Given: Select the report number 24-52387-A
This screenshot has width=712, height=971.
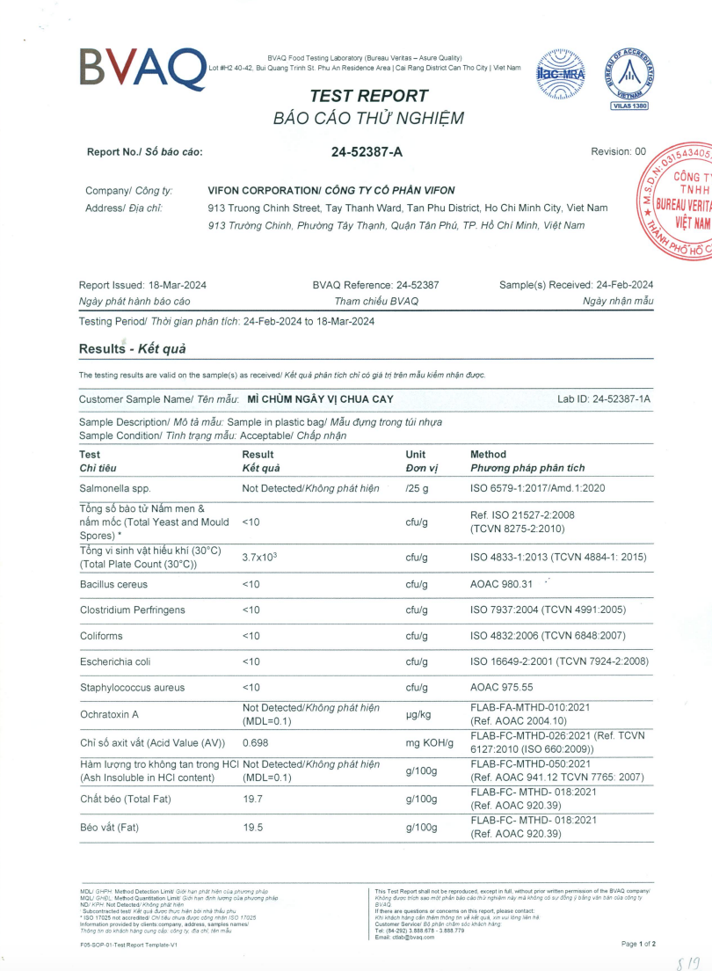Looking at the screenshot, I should click(367, 151).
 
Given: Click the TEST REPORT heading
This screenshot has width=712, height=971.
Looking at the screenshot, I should click(356, 96).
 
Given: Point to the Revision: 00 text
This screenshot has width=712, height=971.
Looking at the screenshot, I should click(618, 151).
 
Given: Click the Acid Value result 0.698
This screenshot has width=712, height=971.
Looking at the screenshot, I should click(255, 743).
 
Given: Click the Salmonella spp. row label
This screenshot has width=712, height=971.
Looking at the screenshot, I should click(115, 487).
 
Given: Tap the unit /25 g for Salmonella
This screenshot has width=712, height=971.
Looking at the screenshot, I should click(417, 487).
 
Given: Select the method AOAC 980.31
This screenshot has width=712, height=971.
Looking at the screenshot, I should click(502, 584).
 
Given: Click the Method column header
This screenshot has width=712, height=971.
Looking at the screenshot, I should click(488, 455).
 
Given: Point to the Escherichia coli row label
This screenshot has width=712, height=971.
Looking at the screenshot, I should click(116, 661).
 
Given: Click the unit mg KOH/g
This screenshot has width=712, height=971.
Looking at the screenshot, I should click(429, 743).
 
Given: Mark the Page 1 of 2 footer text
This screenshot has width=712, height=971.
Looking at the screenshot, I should click(638, 944).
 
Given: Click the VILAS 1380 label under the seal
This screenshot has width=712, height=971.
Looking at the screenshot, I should click(628, 106).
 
